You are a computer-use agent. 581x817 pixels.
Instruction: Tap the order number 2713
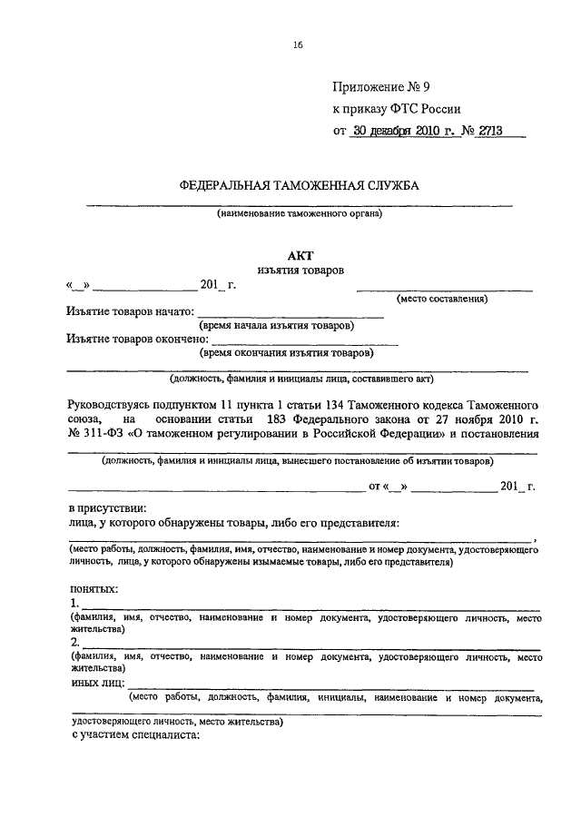click(x=484, y=130)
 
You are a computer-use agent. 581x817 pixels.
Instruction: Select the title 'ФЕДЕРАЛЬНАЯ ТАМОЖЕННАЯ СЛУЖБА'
click(x=299, y=185)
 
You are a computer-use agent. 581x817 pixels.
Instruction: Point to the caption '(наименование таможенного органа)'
click(x=300, y=214)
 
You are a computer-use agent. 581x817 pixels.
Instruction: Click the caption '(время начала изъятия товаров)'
click(x=277, y=325)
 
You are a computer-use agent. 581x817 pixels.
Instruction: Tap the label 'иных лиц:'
click(x=98, y=681)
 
